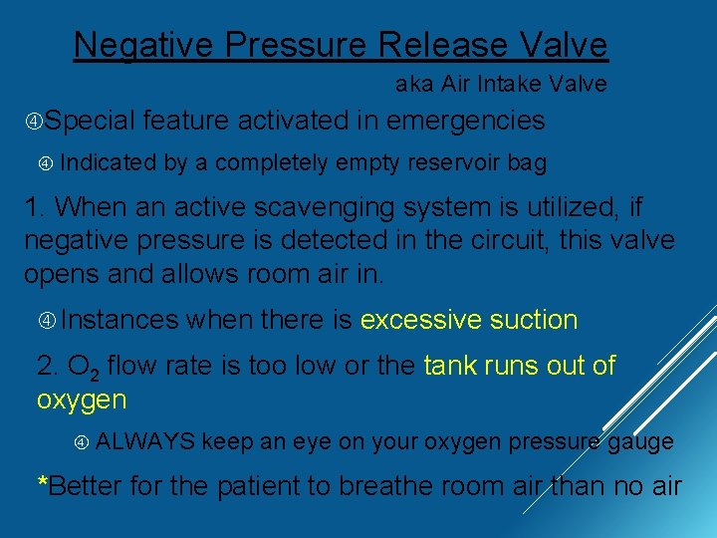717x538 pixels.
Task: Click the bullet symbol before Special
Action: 34,122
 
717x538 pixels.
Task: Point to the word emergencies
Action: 466,122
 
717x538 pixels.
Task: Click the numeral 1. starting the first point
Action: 36,208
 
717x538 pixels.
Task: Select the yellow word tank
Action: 450,366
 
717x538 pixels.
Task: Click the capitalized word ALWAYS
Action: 145,441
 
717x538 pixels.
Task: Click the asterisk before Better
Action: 42,484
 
